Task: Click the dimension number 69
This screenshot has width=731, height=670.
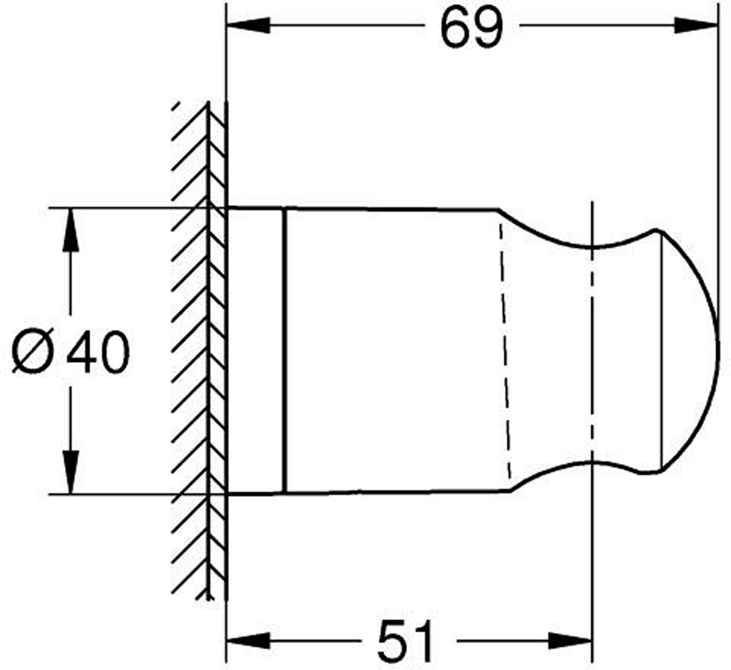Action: [x=472, y=26]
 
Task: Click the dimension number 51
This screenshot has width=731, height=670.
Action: [x=405, y=641]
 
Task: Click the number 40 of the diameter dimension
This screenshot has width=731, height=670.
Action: [x=98, y=352]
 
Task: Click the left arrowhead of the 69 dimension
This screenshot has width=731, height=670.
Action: [x=248, y=26]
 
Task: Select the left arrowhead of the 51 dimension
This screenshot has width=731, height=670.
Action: [x=248, y=640]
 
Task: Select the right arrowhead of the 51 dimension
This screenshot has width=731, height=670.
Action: [x=570, y=640]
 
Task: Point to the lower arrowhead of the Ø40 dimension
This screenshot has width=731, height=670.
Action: [x=71, y=472]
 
